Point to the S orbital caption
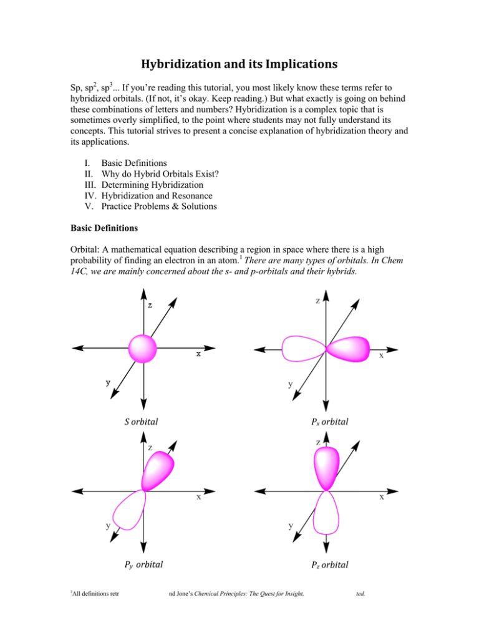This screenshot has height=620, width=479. (132, 422)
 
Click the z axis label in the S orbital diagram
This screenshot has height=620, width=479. (150, 306)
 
